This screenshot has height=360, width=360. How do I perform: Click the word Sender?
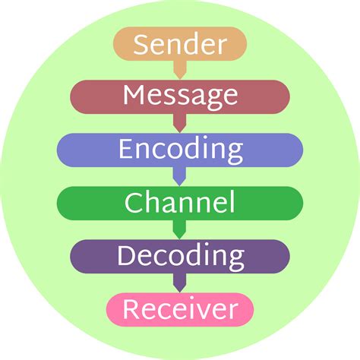[180, 44]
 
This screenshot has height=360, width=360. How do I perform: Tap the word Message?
[180, 97]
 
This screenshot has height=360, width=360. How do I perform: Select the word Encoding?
[181, 150]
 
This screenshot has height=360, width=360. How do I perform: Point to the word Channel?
[180, 202]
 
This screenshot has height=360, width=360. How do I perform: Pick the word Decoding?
[181, 257]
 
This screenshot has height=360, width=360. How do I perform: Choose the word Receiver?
[180, 309]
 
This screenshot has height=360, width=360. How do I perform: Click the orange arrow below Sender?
[180, 70]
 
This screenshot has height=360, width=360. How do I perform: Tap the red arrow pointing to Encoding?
[180, 123]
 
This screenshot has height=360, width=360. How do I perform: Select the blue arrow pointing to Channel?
[180, 176]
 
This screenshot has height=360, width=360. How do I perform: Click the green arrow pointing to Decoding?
[180, 229]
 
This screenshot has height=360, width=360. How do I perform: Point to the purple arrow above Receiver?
[180, 283]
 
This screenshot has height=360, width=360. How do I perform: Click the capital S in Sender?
[141, 44]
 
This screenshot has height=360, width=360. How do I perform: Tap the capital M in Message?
[134, 95]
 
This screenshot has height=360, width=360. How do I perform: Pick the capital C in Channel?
[132, 202]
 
